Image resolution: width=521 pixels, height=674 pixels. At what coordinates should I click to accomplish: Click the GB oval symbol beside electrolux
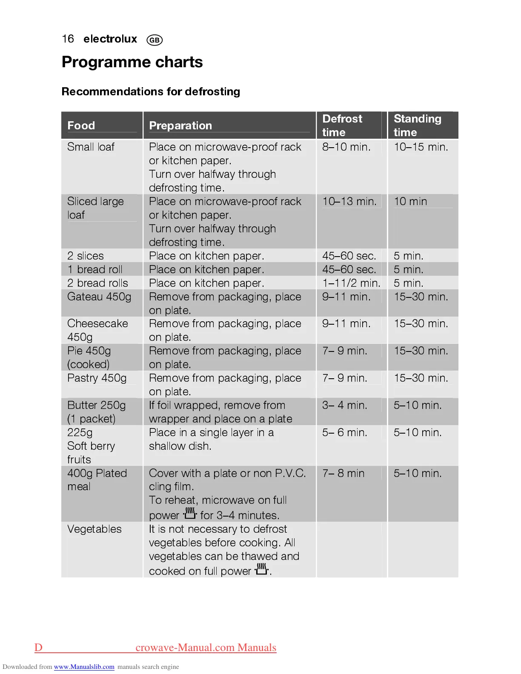(155, 40)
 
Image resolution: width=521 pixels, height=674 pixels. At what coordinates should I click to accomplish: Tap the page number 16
(68, 39)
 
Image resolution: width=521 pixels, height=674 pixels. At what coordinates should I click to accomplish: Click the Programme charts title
(132, 62)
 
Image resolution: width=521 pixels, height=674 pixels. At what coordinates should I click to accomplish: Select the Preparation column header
(180, 126)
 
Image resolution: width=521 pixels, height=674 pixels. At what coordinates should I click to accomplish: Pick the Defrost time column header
(342, 125)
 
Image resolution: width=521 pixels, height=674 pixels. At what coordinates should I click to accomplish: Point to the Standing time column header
(417, 125)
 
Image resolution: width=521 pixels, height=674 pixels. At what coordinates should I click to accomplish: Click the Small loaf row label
(91, 147)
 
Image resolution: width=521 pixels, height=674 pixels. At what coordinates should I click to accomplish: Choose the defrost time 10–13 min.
(349, 202)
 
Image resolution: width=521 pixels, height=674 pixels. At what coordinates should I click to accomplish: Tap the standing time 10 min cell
(410, 202)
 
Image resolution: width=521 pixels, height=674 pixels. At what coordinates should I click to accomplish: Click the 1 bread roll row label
(95, 269)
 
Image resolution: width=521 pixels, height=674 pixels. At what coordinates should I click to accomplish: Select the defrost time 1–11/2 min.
(351, 283)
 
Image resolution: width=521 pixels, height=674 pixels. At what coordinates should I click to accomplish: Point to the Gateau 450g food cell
(99, 297)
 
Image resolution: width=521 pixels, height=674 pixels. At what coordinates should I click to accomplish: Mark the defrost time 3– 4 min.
(344, 405)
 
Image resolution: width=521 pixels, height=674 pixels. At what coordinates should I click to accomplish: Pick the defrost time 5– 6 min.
(344, 432)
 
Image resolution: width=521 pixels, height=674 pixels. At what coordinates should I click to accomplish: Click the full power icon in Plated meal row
(190, 514)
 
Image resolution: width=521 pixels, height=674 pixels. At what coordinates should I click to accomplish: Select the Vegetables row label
(94, 529)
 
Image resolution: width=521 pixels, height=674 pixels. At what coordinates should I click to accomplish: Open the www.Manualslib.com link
(84, 667)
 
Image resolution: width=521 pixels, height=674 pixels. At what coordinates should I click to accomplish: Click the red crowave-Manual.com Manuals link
(206, 648)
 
